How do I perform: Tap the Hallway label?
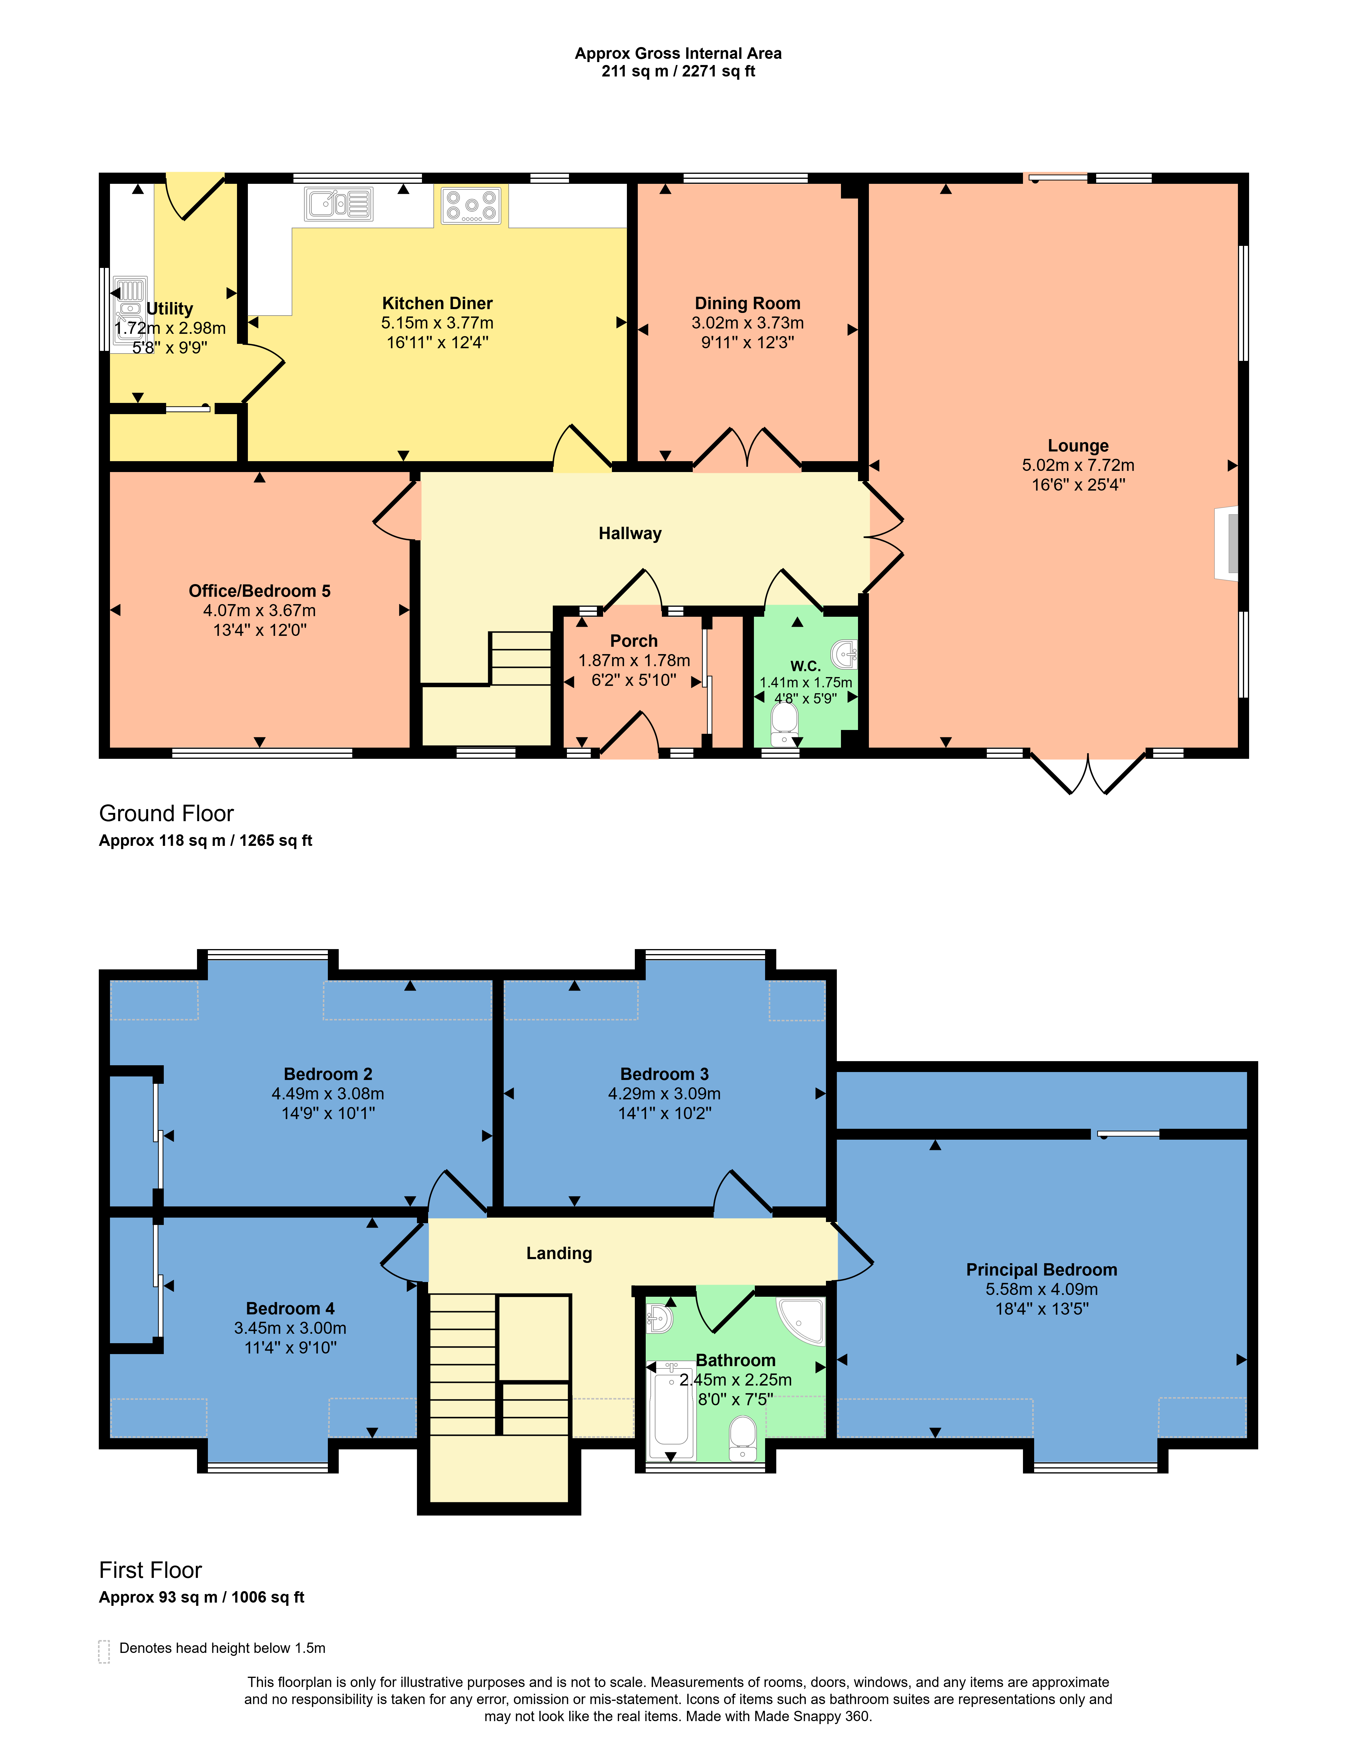(630, 534)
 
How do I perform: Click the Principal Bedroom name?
(1041, 1269)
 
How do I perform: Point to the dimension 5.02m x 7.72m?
(1078, 465)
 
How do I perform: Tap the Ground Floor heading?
(166, 814)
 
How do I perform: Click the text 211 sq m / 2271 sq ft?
(678, 71)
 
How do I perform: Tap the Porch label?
(634, 641)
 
